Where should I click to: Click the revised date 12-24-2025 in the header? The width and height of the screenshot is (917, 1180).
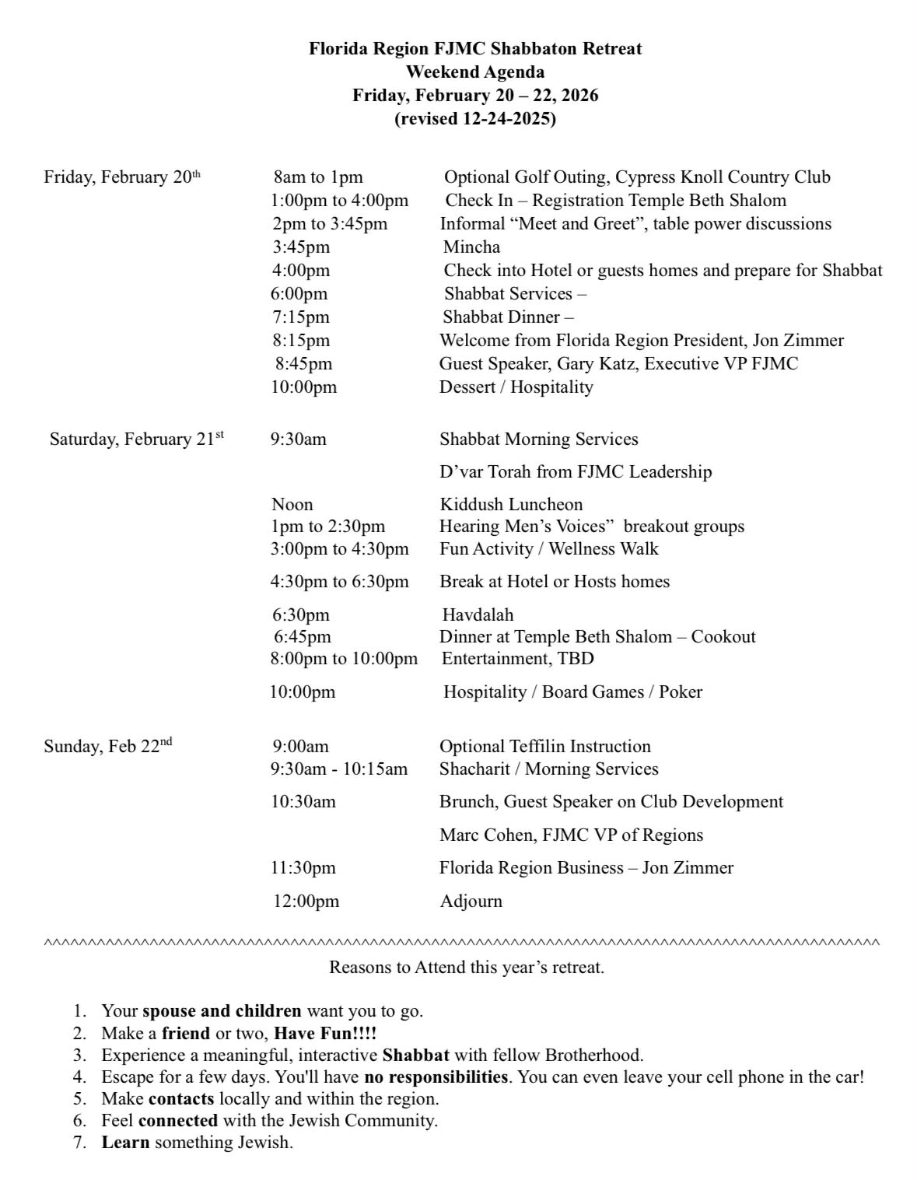474,119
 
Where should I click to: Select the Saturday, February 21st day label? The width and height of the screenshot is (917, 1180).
137,439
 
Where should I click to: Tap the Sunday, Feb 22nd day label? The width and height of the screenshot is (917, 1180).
108,747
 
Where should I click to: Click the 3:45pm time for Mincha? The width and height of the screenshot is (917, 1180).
301,247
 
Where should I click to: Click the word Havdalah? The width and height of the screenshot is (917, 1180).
478,615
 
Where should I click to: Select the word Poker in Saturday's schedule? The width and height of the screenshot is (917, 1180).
681,692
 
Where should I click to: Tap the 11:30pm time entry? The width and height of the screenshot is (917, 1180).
303,868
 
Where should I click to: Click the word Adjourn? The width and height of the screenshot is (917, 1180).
471,902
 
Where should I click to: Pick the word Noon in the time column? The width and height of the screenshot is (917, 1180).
292,505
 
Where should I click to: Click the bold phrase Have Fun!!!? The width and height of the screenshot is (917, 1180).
325,1034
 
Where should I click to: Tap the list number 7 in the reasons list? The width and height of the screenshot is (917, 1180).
79,1143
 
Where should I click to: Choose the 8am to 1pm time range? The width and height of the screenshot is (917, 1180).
318,177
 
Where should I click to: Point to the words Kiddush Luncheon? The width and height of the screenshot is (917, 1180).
511,505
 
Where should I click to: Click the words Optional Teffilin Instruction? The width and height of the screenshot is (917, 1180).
545,747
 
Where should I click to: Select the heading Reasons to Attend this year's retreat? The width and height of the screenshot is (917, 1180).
467,968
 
